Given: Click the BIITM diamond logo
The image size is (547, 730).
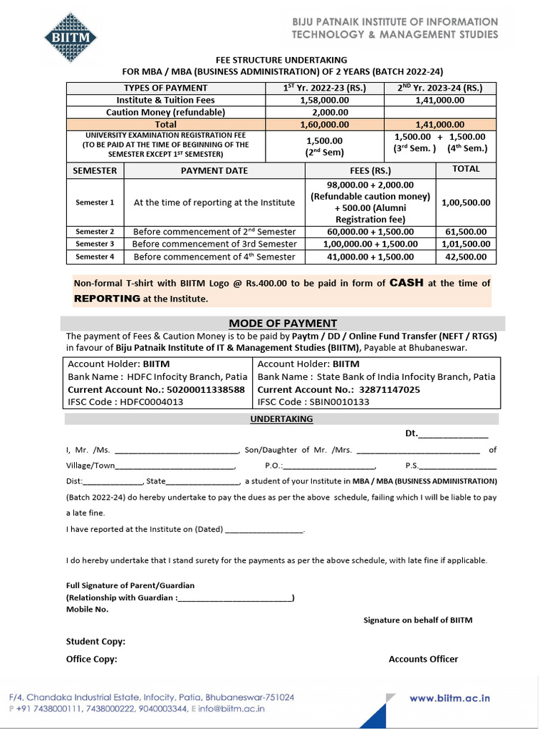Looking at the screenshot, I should point(70,36).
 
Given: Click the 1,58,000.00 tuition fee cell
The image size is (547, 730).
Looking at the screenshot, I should point(323,101).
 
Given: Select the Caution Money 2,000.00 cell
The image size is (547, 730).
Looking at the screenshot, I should point(323,113).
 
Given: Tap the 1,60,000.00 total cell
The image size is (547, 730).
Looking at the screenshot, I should point(323,124).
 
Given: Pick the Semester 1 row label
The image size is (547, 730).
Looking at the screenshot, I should point(95,202).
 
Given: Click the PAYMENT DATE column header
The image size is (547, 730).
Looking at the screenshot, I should point(214,170).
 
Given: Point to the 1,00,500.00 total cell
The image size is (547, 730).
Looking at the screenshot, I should point(466,202).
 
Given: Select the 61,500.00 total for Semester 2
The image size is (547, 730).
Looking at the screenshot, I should point(466,232).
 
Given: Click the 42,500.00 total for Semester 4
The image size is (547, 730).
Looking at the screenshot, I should point(466,257).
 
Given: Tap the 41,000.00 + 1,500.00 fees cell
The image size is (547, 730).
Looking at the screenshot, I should point(370,257).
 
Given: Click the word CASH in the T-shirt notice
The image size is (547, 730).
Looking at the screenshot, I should point(406,283).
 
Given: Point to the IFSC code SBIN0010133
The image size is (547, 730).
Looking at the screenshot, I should point(340,402).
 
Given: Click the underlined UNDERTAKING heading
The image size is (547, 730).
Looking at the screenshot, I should point(281,419).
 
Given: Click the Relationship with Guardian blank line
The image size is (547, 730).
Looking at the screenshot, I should point(235,597).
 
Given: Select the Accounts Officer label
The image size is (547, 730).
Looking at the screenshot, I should point(423,659).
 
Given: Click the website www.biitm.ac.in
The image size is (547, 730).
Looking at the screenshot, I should point(449,699).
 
